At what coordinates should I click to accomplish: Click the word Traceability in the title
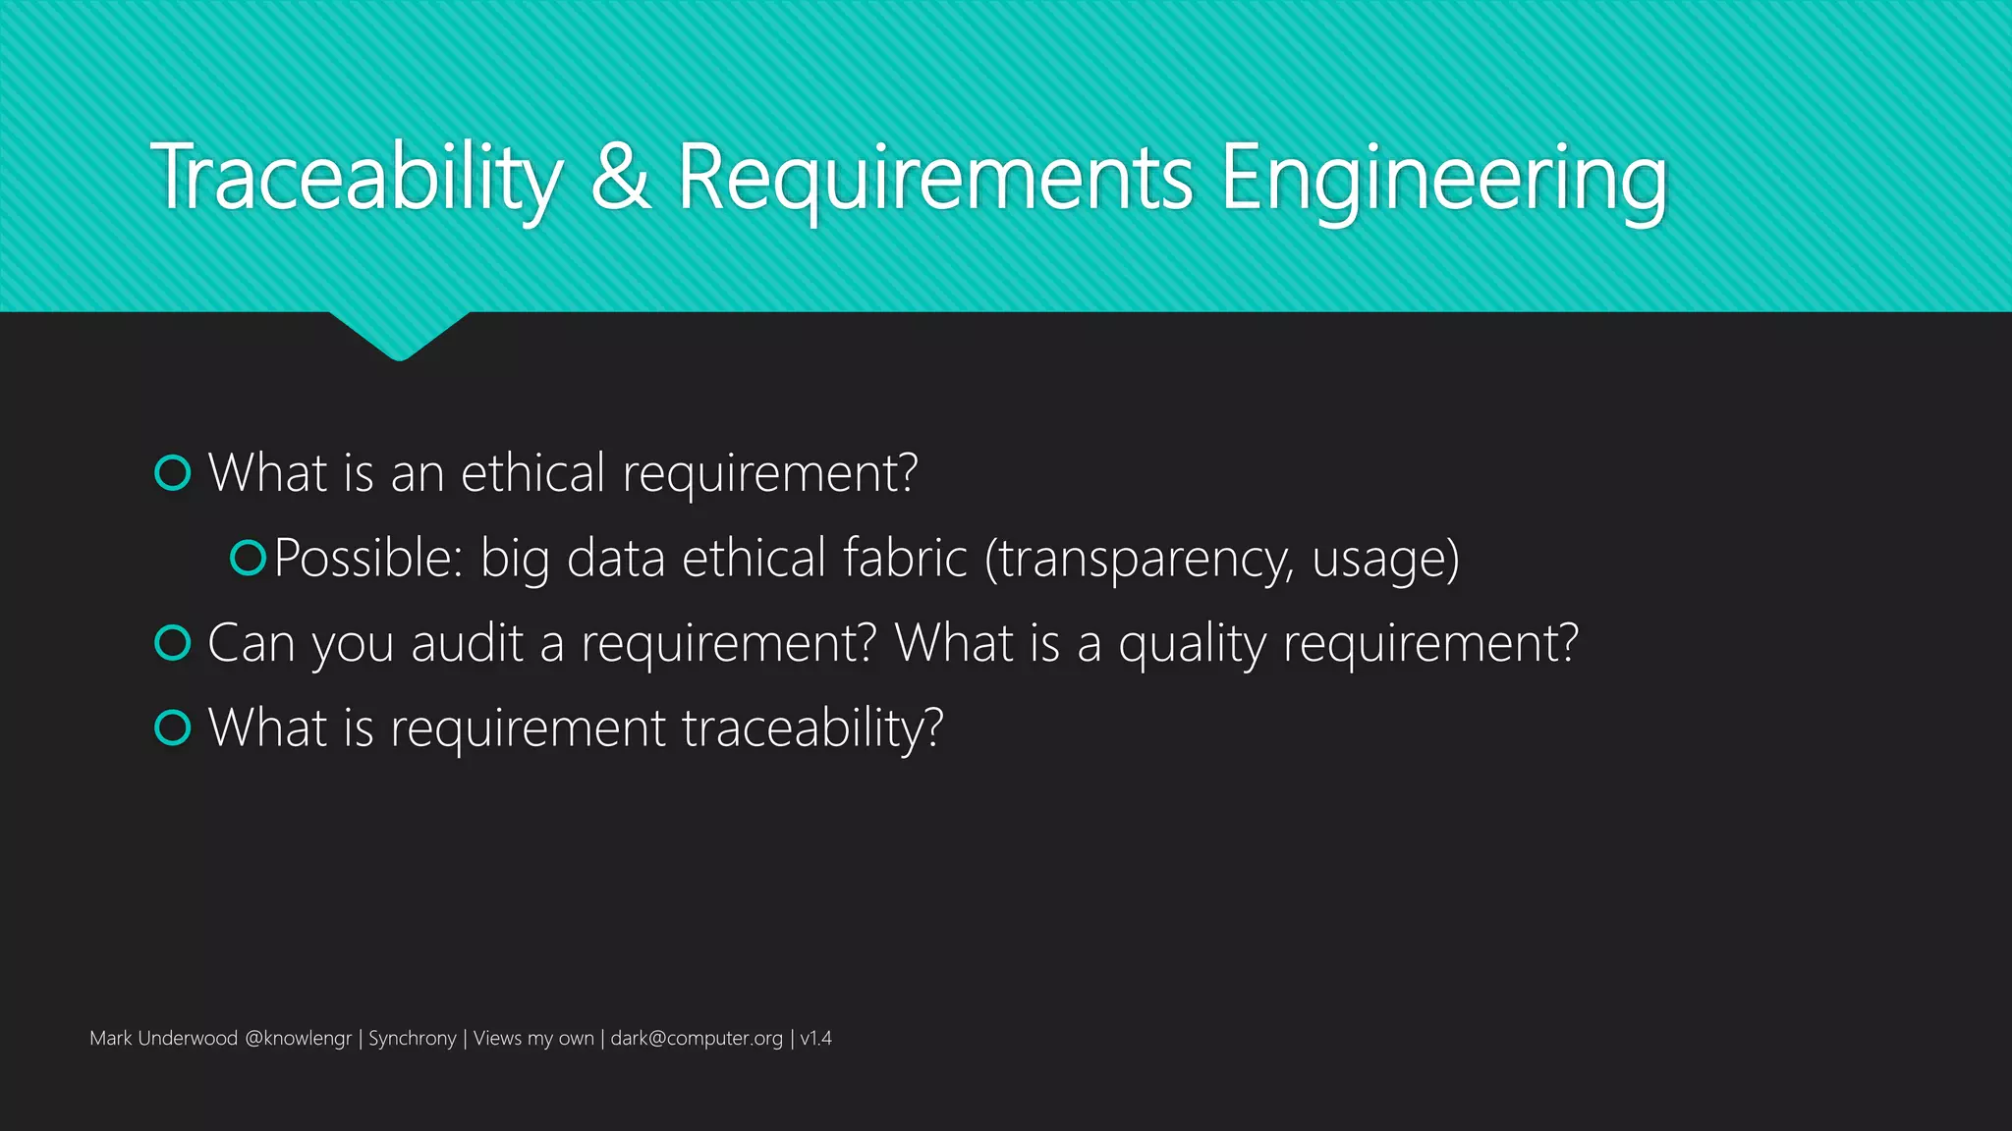point(357,178)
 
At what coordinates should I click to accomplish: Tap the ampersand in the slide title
point(620,178)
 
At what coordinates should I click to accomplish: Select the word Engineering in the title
point(1443,178)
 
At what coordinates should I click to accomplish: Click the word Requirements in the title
point(935,178)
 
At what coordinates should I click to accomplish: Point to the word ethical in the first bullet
point(532,473)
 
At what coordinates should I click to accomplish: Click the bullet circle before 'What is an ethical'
point(173,473)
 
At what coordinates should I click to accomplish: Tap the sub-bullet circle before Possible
point(248,558)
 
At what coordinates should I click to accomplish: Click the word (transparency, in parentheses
point(1139,560)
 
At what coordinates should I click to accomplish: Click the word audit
point(468,644)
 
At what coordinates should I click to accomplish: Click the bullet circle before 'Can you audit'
point(173,643)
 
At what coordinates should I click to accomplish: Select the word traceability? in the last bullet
point(812,729)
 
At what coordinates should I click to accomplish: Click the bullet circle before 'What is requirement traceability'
point(173,727)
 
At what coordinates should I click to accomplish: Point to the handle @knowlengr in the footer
point(298,1039)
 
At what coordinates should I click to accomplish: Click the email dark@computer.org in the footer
point(697,1039)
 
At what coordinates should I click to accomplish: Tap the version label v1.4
point(816,1039)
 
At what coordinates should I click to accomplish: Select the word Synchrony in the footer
point(412,1039)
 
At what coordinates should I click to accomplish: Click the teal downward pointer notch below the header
point(399,334)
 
